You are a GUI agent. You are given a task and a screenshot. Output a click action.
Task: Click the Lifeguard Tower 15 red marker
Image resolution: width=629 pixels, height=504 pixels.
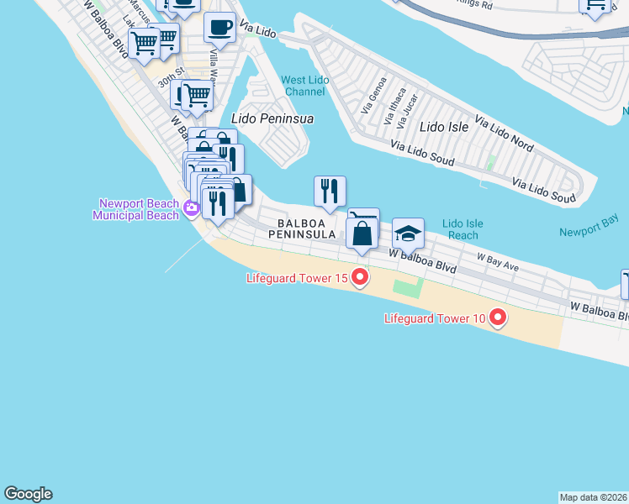pyautogui.click(x=360, y=276)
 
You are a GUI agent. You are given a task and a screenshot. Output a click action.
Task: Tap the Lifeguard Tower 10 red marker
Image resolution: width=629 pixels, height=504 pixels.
pyautogui.click(x=498, y=318)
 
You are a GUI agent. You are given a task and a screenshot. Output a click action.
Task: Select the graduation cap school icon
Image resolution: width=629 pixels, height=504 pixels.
pyautogui.click(x=408, y=234)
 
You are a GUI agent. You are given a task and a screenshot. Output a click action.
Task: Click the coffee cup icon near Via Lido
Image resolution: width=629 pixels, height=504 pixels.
pyautogui.click(x=219, y=28)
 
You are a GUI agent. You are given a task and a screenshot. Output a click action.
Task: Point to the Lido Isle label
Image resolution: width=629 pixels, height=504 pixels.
pyautogui.click(x=443, y=127)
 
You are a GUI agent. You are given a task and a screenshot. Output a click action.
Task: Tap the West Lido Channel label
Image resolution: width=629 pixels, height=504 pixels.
pyautogui.click(x=304, y=85)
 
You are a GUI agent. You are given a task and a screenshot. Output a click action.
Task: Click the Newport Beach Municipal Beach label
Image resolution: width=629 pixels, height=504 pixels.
pyautogui.click(x=139, y=209)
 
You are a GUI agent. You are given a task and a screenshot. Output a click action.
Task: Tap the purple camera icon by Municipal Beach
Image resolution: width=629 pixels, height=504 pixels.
pyautogui.click(x=193, y=209)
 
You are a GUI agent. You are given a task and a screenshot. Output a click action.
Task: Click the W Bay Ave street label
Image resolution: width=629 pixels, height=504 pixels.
pyautogui.click(x=498, y=261)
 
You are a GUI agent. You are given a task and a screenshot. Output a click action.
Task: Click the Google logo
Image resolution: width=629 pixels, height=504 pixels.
pyautogui.click(x=28, y=494)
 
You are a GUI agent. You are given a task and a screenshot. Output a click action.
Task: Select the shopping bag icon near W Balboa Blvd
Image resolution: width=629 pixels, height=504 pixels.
pyautogui.click(x=362, y=233)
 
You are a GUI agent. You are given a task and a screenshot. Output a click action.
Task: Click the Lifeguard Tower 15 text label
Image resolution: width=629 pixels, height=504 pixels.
pyautogui.click(x=296, y=278)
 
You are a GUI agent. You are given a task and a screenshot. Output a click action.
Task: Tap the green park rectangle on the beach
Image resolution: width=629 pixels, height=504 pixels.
pyautogui.click(x=406, y=290)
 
